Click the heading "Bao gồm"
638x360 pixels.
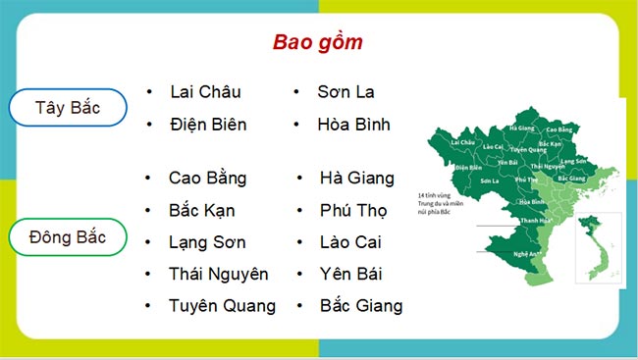tap(318, 43)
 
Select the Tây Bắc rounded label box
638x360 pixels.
tap(67, 108)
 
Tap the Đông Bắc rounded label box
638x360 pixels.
tap(67, 237)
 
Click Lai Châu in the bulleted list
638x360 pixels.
tap(205, 92)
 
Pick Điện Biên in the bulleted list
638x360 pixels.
tap(208, 125)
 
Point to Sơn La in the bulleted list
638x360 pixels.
tap(346, 92)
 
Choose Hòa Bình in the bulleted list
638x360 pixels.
tap(353, 125)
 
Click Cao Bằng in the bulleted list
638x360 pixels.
tap(207, 179)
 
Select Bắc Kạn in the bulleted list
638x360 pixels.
tap(201, 210)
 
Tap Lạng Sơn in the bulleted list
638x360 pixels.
tap(207, 242)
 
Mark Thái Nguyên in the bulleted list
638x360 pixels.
tap(218, 274)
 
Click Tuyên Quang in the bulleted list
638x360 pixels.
tap(222, 306)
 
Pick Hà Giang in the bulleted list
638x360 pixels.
tap(356, 179)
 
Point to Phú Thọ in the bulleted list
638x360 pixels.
tap(353, 210)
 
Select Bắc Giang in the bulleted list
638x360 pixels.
tap(361, 306)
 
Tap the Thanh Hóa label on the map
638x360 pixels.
tap(534, 221)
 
